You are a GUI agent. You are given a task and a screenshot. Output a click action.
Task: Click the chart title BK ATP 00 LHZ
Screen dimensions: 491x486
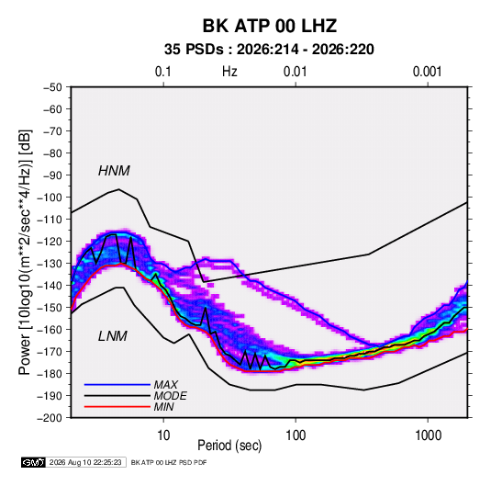click(x=270, y=26)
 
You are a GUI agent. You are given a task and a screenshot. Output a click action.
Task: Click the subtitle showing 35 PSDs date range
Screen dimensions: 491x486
click(x=269, y=50)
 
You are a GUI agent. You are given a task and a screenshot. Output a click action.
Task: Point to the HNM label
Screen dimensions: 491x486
click(x=114, y=171)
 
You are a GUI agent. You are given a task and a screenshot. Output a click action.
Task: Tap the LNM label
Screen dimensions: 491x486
click(x=113, y=336)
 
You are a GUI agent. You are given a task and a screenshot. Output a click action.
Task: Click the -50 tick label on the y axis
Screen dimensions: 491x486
click(x=52, y=87)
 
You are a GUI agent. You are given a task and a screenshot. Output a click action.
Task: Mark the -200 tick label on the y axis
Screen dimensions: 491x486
click(x=50, y=418)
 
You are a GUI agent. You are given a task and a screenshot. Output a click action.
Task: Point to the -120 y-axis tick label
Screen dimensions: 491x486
click(x=50, y=242)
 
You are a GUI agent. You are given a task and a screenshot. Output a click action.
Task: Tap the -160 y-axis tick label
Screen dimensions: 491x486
click(x=50, y=330)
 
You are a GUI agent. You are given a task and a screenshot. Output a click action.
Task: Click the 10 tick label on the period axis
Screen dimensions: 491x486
click(x=163, y=435)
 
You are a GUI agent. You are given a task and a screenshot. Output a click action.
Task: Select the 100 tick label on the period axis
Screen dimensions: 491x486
click(x=296, y=435)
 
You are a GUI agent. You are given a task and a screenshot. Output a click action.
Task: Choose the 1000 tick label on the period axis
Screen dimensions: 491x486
click(x=428, y=435)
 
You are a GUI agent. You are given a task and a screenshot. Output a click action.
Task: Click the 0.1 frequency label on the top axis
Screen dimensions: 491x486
click(x=163, y=72)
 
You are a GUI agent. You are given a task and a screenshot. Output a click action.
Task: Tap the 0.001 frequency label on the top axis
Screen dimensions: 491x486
click(x=427, y=72)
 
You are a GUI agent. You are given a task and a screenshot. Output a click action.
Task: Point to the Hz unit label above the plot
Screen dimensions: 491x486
click(x=229, y=72)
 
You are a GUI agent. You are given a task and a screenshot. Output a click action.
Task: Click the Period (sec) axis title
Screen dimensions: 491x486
click(x=229, y=446)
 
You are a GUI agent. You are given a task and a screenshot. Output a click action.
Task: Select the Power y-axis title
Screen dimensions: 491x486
click(x=25, y=252)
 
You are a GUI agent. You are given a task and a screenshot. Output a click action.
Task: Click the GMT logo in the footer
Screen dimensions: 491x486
click(x=34, y=462)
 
